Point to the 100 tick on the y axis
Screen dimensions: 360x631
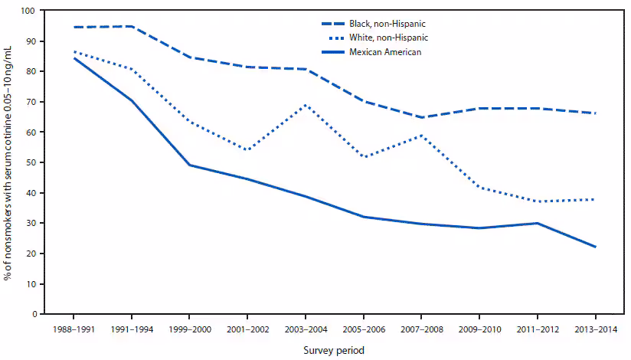coord(28,11)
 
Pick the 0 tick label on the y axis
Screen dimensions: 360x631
coord(33,314)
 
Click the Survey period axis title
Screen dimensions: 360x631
coord(333,349)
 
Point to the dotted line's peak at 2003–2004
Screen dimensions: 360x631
coord(306,105)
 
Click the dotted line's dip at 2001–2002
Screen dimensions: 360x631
coord(247,150)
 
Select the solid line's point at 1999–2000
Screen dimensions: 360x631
coord(189,165)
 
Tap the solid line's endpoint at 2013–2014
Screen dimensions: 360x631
coord(595,247)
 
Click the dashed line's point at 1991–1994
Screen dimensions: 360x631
coord(132,26)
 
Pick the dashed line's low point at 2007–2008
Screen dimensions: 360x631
coord(421,117)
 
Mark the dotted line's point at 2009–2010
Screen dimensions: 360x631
coord(479,187)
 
